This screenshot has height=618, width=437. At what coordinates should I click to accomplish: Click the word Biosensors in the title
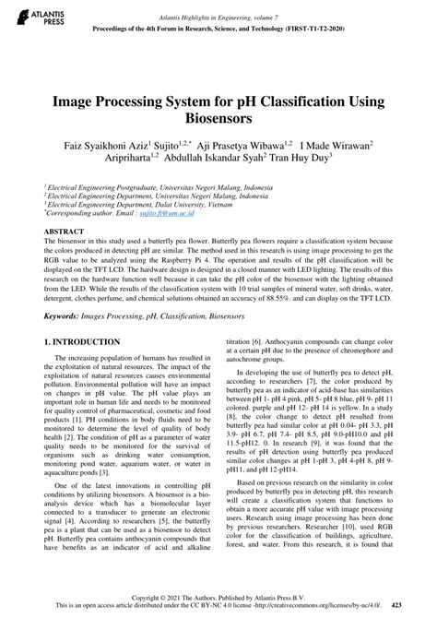[218, 119]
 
